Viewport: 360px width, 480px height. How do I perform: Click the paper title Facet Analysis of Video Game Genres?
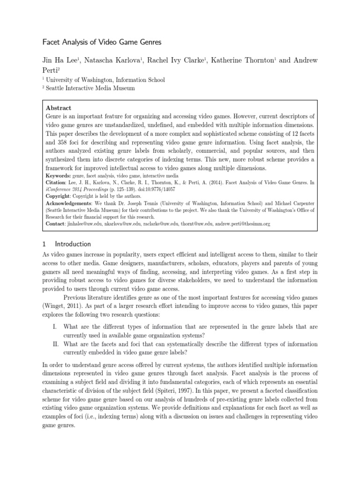click(102, 42)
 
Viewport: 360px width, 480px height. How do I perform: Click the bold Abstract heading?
click(59, 108)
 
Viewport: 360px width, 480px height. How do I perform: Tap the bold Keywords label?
click(58, 175)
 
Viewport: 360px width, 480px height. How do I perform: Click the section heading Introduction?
click(73, 244)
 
